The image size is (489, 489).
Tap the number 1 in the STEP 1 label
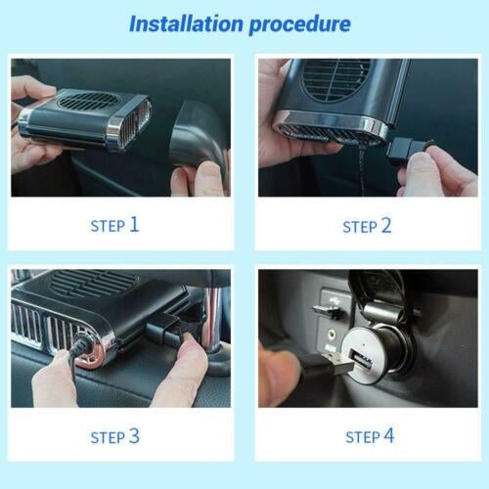pyautogui.click(x=134, y=224)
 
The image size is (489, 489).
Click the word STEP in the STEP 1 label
pyautogui.click(x=108, y=226)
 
